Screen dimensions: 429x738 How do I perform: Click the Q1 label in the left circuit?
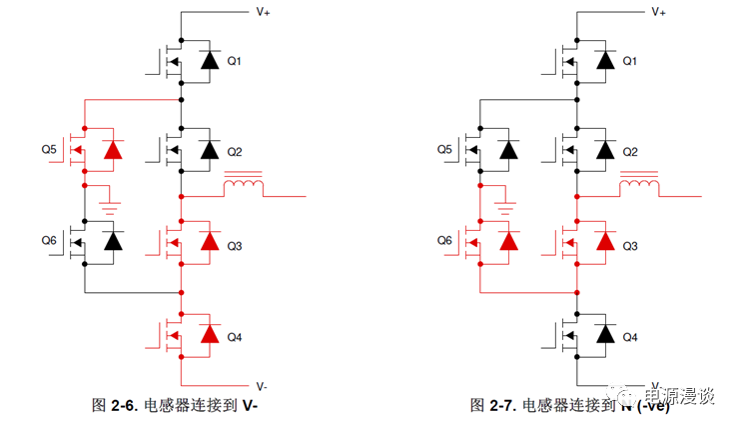(235, 61)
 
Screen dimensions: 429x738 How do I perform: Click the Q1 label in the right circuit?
(630, 61)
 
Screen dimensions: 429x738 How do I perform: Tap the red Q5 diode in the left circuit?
(113, 151)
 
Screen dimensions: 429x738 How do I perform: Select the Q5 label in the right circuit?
(445, 150)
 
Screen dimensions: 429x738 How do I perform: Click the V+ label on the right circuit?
(660, 12)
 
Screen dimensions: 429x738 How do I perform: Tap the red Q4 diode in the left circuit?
(209, 334)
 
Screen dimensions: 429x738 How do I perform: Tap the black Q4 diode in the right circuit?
(604, 334)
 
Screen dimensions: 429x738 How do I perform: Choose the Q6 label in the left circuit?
(50, 241)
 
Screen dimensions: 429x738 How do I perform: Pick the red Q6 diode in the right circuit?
(508, 241)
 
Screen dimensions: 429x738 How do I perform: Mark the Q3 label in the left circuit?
(235, 245)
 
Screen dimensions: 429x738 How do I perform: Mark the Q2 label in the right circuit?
(630, 152)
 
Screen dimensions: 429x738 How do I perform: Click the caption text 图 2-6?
(113, 405)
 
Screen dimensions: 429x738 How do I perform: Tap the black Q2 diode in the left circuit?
(209, 151)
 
